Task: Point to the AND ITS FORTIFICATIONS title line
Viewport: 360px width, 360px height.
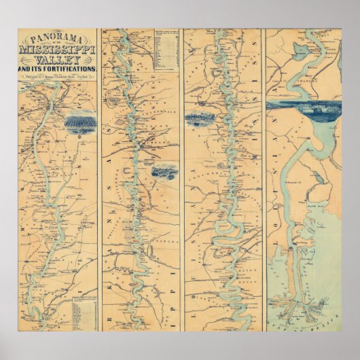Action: tap(58, 70)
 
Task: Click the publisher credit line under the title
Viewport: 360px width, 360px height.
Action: tap(57, 77)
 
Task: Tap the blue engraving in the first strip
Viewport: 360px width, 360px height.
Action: tap(79, 123)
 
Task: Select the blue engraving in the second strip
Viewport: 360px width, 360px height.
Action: tap(166, 172)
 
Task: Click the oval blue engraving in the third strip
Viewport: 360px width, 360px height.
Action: tap(200, 117)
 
